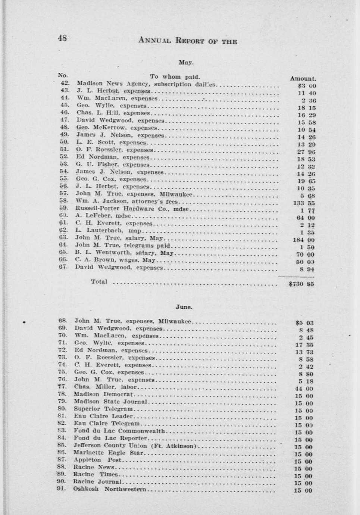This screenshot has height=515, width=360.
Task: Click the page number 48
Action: click(62, 38)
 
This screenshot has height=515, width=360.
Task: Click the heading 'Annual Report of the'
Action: click(187, 41)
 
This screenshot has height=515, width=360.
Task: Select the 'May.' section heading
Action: click(186, 63)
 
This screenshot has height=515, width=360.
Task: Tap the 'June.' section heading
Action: click(184, 307)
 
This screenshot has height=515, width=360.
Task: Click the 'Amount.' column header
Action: click(303, 79)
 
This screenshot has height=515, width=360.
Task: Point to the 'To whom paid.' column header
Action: click(175, 77)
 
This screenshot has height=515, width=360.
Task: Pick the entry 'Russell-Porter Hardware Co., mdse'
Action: click(132, 209)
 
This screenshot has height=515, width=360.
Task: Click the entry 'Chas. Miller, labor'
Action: click(106, 387)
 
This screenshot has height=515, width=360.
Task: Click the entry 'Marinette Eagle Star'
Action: click(108, 453)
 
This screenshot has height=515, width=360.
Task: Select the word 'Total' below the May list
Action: click(99, 282)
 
